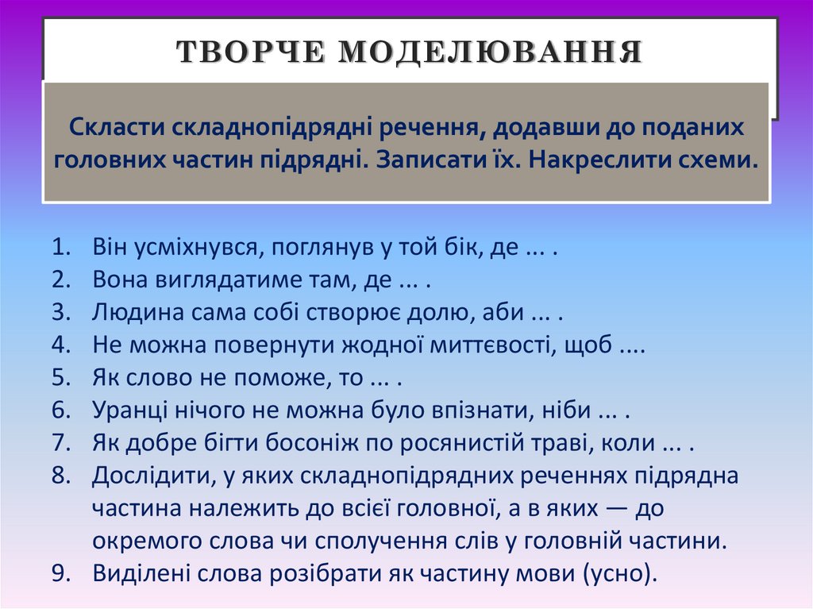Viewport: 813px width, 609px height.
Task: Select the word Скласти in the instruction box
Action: pyautogui.click(x=118, y=127)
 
